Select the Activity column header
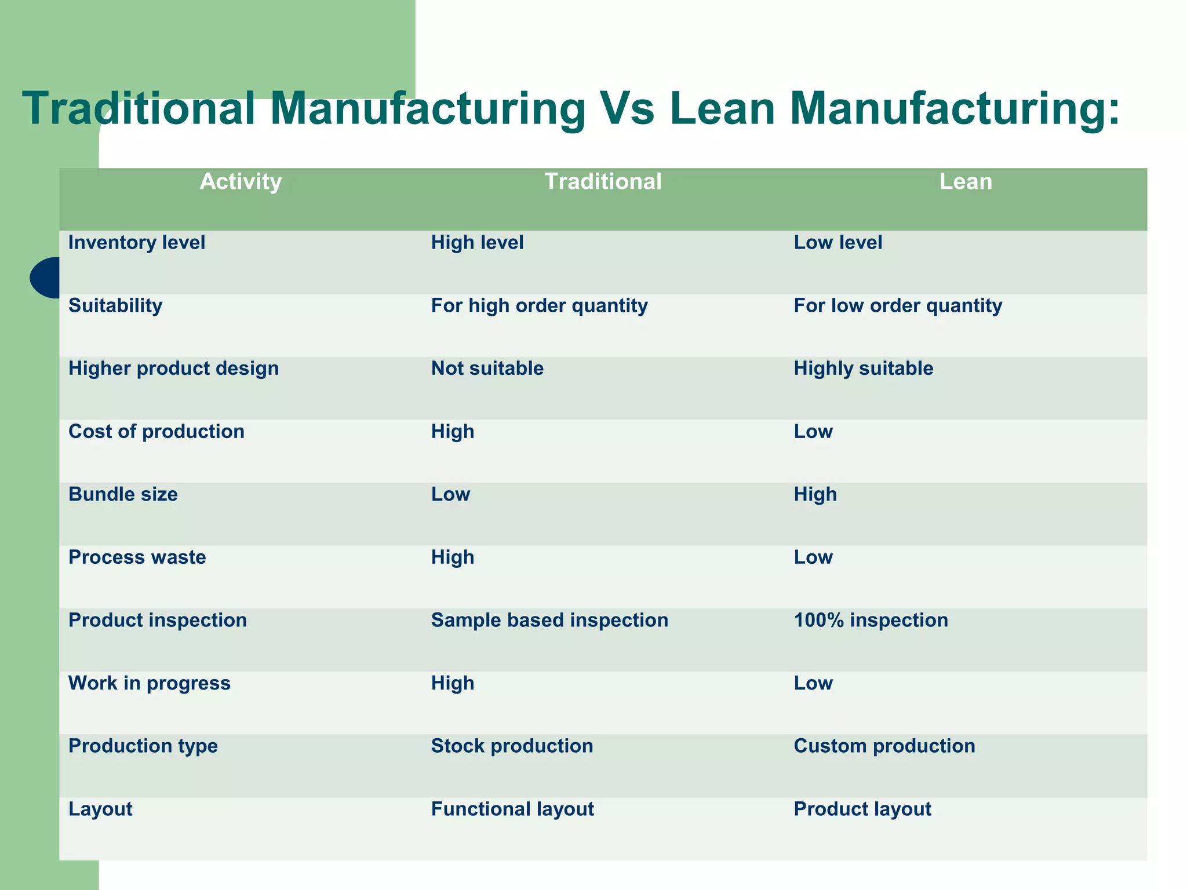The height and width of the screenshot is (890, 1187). click(241, 182)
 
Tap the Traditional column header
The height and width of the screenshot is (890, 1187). click(603, 182)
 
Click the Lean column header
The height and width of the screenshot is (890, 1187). click(966, 182)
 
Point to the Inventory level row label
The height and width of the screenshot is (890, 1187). click(137, 242)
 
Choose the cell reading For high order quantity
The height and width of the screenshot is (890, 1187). click(539, 305)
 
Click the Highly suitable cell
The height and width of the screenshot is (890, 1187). click(863, 369)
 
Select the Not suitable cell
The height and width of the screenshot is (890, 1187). click(487, 369)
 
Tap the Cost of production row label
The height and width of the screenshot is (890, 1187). click(156, 432)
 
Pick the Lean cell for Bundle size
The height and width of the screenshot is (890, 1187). click(815, 494)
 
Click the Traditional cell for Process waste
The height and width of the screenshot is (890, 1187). click(453, 557)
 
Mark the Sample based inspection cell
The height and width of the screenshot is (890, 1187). click(549, 621)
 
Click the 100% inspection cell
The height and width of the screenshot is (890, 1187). click(871, 621)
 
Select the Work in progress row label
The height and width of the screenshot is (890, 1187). click(150, 684)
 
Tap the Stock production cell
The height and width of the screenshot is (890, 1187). click(512, 746)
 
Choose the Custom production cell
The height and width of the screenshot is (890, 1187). click(884, 746)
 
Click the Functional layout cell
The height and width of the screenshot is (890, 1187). click(512, 809)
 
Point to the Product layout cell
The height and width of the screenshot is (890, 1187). click(862, 809)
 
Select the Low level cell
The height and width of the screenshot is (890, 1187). click(838, 242)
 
